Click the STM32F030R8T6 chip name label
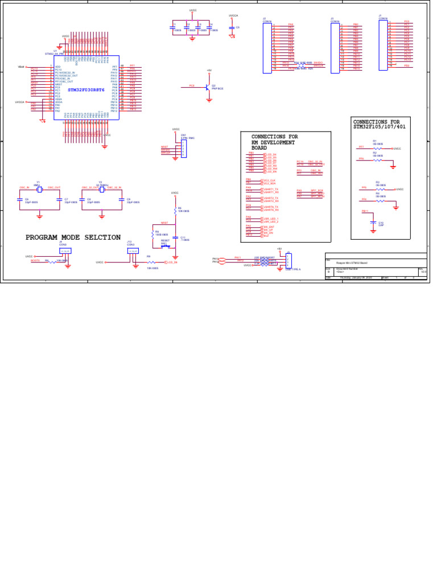point(86,90)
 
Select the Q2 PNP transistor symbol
point(209,87)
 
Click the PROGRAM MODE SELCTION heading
point(73,237)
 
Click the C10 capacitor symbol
point(373,219)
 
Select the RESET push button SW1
point(166,246)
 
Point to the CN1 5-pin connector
point(184,149)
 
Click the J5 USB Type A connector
point(288,261)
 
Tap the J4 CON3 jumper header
point(65,251)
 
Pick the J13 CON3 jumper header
point(133,251)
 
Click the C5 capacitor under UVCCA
point(232,27)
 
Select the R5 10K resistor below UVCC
point(175,210)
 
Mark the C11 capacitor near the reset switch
point(176,237)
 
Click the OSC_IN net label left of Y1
point(24,187)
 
